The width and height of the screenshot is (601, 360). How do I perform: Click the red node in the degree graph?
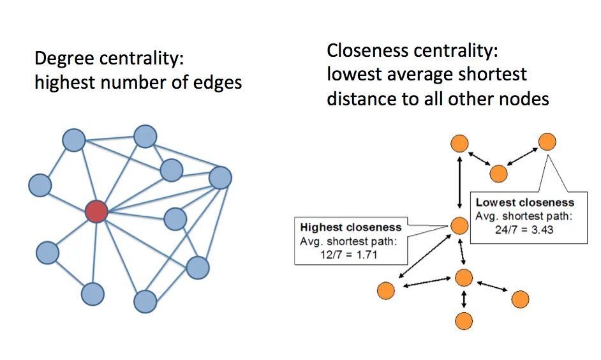(96, 211)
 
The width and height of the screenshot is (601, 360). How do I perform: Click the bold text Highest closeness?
(350, 227)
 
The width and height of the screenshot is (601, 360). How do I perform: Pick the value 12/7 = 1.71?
(350, 253)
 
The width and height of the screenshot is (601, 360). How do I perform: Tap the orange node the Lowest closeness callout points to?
(547, 142)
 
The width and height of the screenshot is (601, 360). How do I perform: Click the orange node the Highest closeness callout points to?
(459, 225)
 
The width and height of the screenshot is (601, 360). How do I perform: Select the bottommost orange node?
(464, 320)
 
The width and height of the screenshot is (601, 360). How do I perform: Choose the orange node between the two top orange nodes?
(498, 173)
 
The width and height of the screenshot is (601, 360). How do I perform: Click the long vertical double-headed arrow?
(459, 184)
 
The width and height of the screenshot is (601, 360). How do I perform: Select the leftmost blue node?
(40, 185)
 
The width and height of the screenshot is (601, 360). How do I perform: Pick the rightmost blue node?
(220, 177)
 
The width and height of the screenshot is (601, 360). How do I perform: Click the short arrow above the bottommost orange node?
(464, 299)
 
